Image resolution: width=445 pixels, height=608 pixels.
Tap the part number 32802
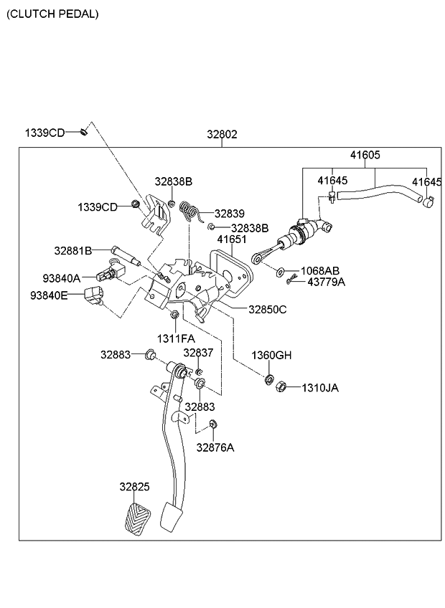point(222,134)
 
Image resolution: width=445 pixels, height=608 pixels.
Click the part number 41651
point(232,240)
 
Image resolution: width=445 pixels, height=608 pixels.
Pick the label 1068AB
point(319,270)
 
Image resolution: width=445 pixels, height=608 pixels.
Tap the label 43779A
point(326,282)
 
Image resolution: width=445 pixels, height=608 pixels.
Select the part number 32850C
point(267,309)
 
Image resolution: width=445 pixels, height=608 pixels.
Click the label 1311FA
point(176,338)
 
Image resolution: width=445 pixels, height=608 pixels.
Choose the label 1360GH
point(271,356)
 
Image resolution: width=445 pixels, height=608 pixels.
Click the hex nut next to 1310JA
point(281,388)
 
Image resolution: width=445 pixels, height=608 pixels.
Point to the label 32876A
point(215,447)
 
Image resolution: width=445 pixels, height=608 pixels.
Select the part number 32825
point(134,486)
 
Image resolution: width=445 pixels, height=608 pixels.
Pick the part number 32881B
point(72,251)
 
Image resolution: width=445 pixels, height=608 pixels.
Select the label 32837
point(198,352)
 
